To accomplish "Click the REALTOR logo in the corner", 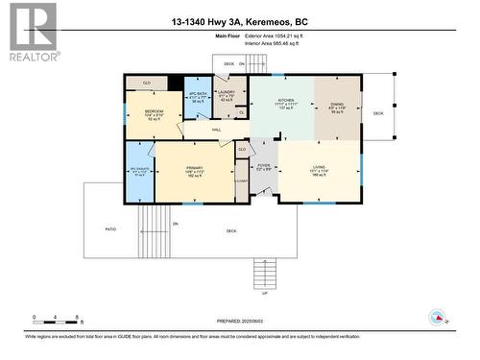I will pyautogui.click(x=32, y=32).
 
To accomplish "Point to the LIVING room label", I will pyautogui.click(x=319, y=167).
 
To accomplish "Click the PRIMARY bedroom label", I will pyautogui.click(x=195, y=167).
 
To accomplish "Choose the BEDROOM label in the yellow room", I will pyautogui.click(x=155, y=111).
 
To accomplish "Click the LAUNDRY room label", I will pyautogui.click(x=227, y=94).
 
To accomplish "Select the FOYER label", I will pyautogui.click(x=263, y=165).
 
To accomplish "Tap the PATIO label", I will pyautogui.click(x=110, y=229).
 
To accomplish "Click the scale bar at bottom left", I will pyautogui.click(x=58, y=318).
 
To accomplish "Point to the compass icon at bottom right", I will pyautogui.click(x=437, y=317).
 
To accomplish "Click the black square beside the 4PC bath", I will pyautogui.click(x=175, y=83).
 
